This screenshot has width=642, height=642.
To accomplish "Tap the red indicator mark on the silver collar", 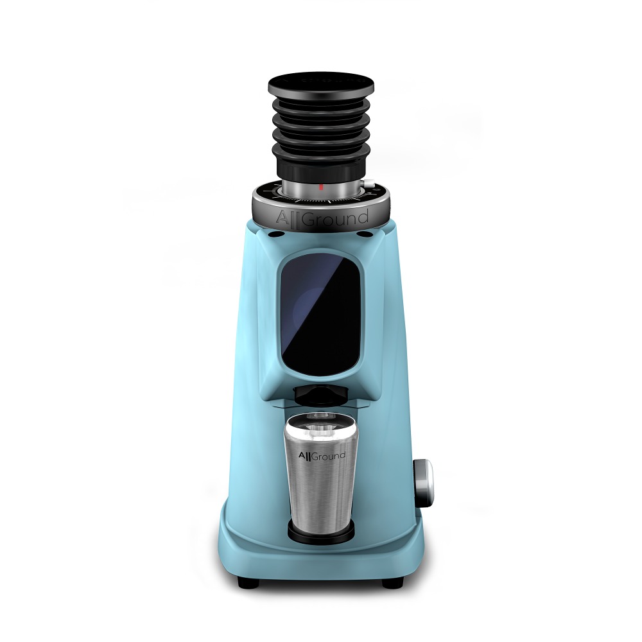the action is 321,187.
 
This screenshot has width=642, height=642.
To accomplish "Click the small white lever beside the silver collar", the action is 370,184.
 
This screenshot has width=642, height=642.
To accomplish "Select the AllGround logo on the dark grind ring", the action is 322,218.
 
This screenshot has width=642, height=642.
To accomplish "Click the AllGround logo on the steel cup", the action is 322,456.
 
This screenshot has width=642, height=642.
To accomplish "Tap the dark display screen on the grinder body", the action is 320,316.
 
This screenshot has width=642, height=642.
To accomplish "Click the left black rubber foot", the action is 248,582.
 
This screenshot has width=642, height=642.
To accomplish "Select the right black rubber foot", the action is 393,582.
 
